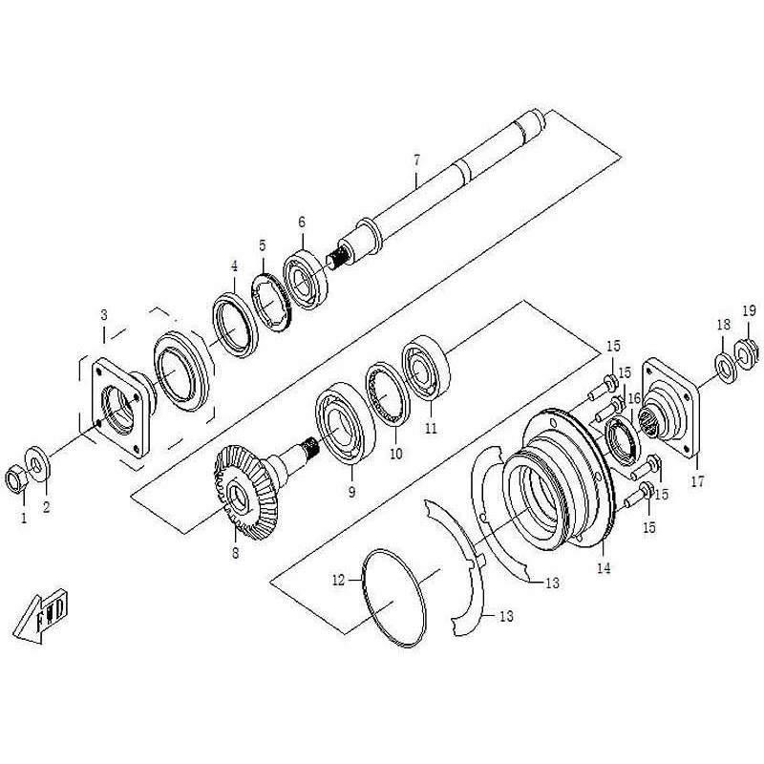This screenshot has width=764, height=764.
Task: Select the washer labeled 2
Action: point(38,463)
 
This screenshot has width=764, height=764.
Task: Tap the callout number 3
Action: point(104,315)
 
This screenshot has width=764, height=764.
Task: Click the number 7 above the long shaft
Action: point(416,159)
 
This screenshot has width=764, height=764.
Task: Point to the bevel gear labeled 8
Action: point(247,492)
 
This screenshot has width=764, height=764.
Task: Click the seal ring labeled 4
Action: point(235,325)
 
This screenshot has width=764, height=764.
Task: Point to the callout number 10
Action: point(396,454)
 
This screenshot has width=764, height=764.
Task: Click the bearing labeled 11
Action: point(426,367)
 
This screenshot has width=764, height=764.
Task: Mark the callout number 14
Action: point(604,568)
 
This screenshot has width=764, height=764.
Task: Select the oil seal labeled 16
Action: point(622,438)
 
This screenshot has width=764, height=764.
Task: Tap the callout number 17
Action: point(697,482)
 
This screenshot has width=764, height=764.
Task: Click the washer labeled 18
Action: point(726,370)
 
